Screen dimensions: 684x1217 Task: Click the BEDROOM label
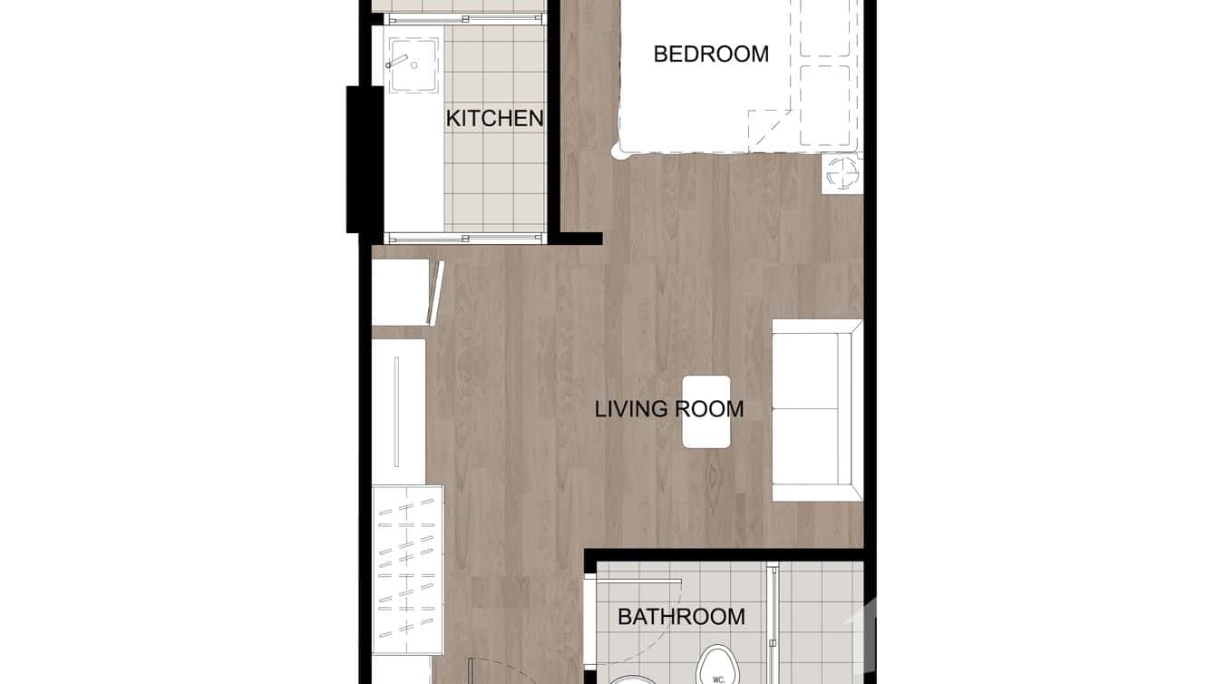(711, 54)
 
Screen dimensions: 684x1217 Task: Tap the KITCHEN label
(494, 118)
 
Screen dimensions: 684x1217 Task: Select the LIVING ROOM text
(669, 409)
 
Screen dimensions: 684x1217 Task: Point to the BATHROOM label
(681, 617)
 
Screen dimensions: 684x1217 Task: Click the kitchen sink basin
(414, 65)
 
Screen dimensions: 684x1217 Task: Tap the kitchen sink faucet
(395, 63)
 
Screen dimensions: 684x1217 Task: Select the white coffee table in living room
(706, 411)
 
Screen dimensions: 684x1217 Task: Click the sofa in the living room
(815, 410)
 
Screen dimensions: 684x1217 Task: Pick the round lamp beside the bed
(841, 173)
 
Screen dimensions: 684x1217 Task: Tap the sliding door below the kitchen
(465, 239)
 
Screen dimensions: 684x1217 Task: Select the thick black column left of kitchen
(358, 159)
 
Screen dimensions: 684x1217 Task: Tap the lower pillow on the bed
(825, 104)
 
